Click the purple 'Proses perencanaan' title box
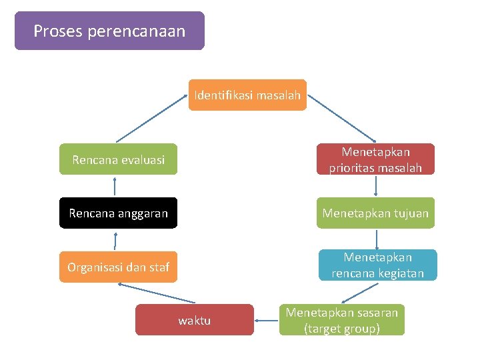tap(109, 31)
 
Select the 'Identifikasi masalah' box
tap(247, 95)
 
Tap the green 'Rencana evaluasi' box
tap(118, 159)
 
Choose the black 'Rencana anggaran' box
tap(118, 213)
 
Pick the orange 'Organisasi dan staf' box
tap(118, 267)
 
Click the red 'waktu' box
tap(194, 320)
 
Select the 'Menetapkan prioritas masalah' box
tap(375, 159)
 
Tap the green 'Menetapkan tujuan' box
tap(375, 213)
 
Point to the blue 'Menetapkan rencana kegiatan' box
tap(377, 265)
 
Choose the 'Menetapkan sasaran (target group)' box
tap(342, 320)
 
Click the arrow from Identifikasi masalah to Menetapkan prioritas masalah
tap(341, 118)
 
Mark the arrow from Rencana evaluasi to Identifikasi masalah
tap(153, 118)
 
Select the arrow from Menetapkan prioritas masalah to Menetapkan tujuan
tap(377, 186)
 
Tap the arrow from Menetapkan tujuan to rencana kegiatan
tap(377, 239)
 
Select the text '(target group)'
tap(342, 328)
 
